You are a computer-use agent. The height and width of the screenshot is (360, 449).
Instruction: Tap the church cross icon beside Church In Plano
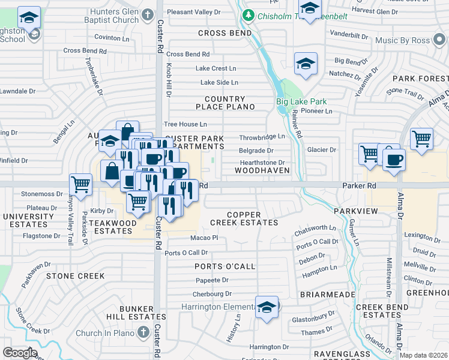(142, 332)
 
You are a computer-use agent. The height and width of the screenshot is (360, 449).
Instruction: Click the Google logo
(20, 352)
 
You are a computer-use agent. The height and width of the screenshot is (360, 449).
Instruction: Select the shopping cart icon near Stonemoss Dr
(80, 184)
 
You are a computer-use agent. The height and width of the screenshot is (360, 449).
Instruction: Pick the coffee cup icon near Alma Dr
(394, 160)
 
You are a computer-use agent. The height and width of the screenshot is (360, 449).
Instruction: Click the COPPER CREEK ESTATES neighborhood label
(244, 218)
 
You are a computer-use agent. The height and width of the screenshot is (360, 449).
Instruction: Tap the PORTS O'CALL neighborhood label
(225, 266)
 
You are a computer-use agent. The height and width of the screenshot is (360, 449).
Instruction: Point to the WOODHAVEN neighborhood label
(262, 170)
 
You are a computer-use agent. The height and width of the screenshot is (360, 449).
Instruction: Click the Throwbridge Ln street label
(262, 137)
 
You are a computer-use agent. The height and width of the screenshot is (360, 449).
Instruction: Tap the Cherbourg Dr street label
(212, 294)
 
